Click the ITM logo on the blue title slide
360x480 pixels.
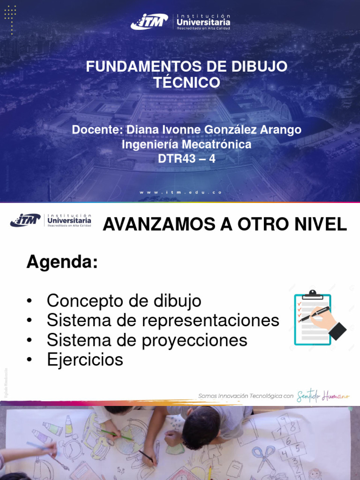[149, 22]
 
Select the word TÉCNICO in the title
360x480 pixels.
[187, 82]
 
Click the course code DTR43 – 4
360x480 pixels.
[187, 159]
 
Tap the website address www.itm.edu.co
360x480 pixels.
[180, 192]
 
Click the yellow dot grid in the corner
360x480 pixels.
[10, 19]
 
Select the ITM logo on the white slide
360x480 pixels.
[25, 219]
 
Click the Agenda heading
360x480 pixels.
[61, 262]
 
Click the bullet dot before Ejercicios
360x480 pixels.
[30, 360]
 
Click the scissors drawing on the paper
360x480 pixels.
[264, 457]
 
